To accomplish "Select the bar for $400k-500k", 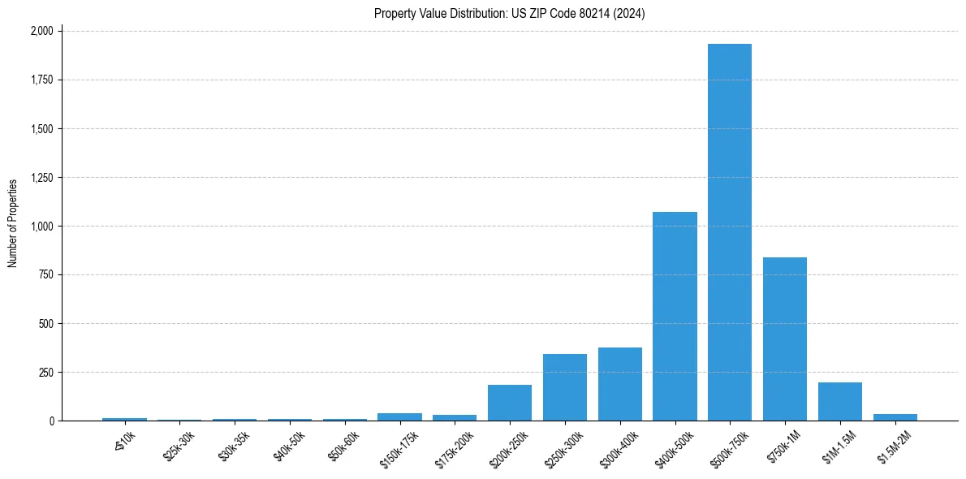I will (x=675, y=317).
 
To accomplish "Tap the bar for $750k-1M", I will (x=785, y=339).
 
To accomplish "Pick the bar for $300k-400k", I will (x=620, y=384).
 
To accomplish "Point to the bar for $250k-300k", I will (x=565, y=387).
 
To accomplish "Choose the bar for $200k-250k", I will (x=510, y=403).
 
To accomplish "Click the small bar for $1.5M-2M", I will (x=895, y=417).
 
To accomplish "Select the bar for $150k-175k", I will (x=399, y=417).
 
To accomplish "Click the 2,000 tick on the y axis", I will (x=41, y=31).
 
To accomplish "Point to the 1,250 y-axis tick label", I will (x=41, y=178).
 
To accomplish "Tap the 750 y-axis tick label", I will (x=46, y=275).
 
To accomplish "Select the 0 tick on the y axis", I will (x=51, y=421).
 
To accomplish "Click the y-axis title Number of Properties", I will (x=13, y=223).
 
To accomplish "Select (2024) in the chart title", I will (x=629, y=14).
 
